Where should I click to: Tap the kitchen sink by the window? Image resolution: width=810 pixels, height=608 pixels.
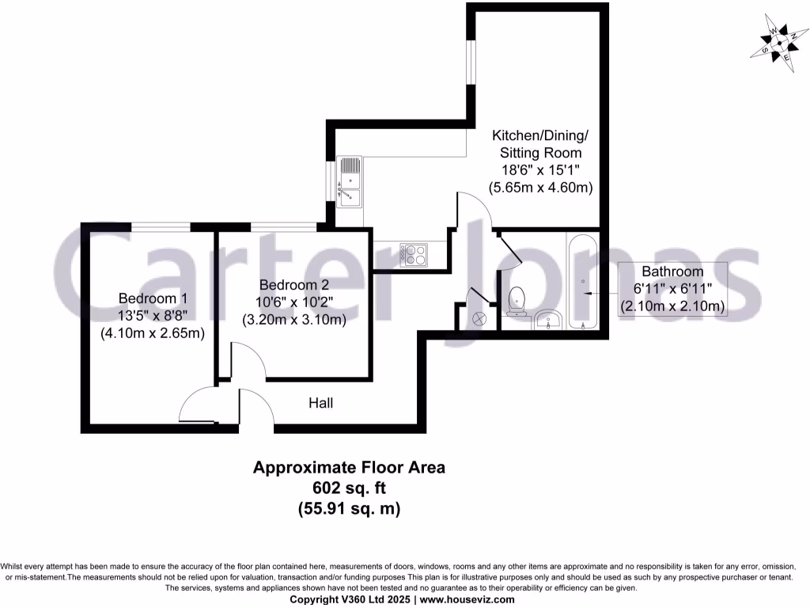coord(349,181)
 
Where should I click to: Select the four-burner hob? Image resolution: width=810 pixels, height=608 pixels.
coord(412,253)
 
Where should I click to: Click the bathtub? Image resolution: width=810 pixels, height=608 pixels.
coord(583,282)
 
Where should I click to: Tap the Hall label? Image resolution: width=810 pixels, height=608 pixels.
coord(320,403)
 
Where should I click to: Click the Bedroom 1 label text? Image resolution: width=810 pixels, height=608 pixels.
coord(153,298)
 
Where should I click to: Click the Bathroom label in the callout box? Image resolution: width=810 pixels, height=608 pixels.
coord(672,272)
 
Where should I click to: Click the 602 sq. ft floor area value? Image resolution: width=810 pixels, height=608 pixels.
coord(349,488)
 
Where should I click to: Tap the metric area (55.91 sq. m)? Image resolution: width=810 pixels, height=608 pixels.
coord(349,509)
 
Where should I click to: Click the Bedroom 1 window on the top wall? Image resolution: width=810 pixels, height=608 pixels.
coord(161,227)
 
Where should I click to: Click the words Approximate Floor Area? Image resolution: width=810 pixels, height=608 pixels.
coord(349,468)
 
